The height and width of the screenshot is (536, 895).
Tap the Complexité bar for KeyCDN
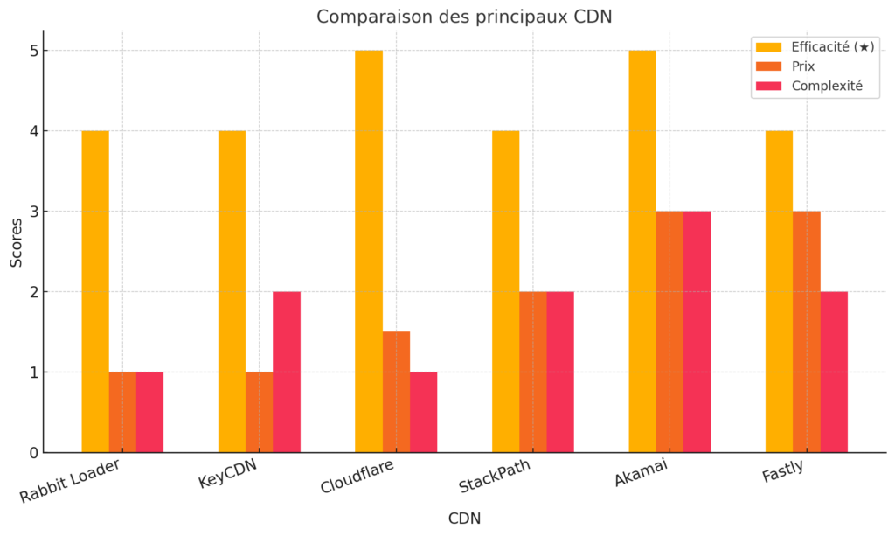pyautogui.click(x=287, y=372)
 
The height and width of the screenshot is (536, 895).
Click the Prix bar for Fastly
pyautogui.click(x=807, y=331)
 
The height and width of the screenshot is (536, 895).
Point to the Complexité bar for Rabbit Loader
pyautogui.click(x=149, y=412)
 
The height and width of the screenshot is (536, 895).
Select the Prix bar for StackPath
pyautogui.click(x=533, y=372)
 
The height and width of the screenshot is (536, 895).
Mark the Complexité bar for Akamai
pyautogui.click(x=697, y=331)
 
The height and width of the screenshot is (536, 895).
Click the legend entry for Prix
pyautogui.click(x=803, y=66)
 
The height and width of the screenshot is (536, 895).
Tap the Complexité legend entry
pyautogui.click(x=826, y=86)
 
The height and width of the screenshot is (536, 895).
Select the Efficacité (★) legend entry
pyautogui.click(x=831, y=47)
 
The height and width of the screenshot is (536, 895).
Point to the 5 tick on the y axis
pyautogui.click(x=34, y=51)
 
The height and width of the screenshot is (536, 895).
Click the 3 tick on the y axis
pyautogui.click(x=34, y=212)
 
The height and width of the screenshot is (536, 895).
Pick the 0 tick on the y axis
pyautogui.click(x=34, y=453)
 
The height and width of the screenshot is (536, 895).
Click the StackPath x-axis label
pyautogui.click(x=495, y=479)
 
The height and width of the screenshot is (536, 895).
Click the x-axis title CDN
pyautogui.click(x=464, y=519)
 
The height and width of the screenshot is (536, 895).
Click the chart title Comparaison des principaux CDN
pyautogui.click(x=464, y=17)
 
